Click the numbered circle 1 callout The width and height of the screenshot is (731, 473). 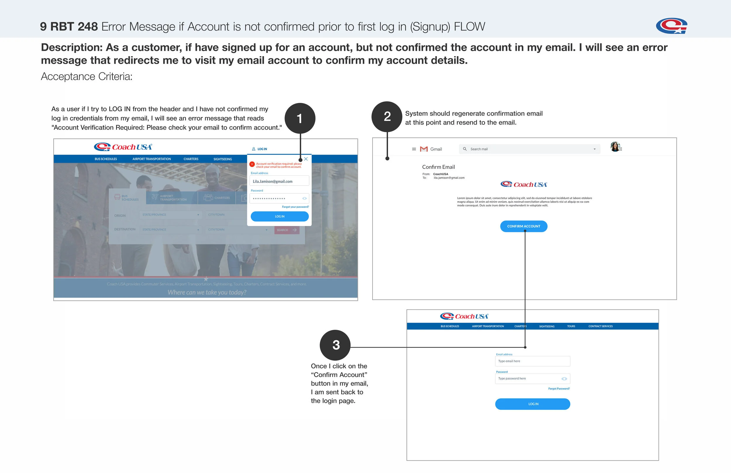pos(300,118)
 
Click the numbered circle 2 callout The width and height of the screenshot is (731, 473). pos(387,117)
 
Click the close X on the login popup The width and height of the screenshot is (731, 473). pos(306,159)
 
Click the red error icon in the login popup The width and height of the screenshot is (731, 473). pos(252,164)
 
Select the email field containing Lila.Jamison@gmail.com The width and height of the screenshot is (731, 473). pos(279,181)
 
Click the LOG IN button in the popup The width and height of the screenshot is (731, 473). pos(280,217)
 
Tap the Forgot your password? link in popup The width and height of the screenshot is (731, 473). pos(295,207)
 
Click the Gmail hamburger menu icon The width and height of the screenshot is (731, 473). pos(414,149)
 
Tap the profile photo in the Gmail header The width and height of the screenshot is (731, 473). pos(615,147)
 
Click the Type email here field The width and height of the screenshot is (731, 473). pos(532,361)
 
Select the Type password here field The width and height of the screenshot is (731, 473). pos(528,379)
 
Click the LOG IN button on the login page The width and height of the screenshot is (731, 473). pos(532,404)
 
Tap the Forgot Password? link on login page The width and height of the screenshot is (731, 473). pos(559,389)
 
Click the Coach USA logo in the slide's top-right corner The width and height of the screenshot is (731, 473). pos(671,26)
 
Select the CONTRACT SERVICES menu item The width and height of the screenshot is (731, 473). pos(600,326)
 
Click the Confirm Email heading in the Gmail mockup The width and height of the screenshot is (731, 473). pos(438,167)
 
